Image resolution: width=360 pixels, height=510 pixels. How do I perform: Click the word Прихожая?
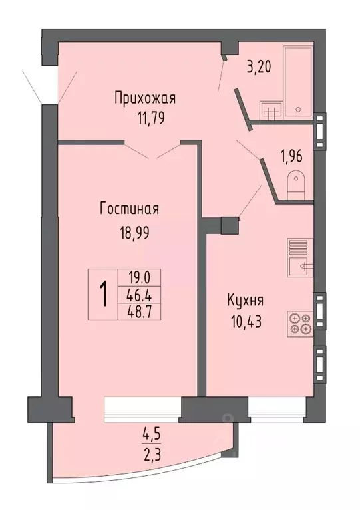click(x=144, y=99)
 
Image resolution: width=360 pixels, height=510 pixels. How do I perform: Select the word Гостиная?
click(x=129, y=209)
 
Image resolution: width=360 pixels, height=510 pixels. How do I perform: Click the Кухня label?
click(x=244, y=300)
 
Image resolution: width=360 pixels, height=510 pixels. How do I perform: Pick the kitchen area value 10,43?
click(x=242, y=322)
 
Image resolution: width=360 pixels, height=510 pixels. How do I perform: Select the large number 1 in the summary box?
click(x=104, y=293)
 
